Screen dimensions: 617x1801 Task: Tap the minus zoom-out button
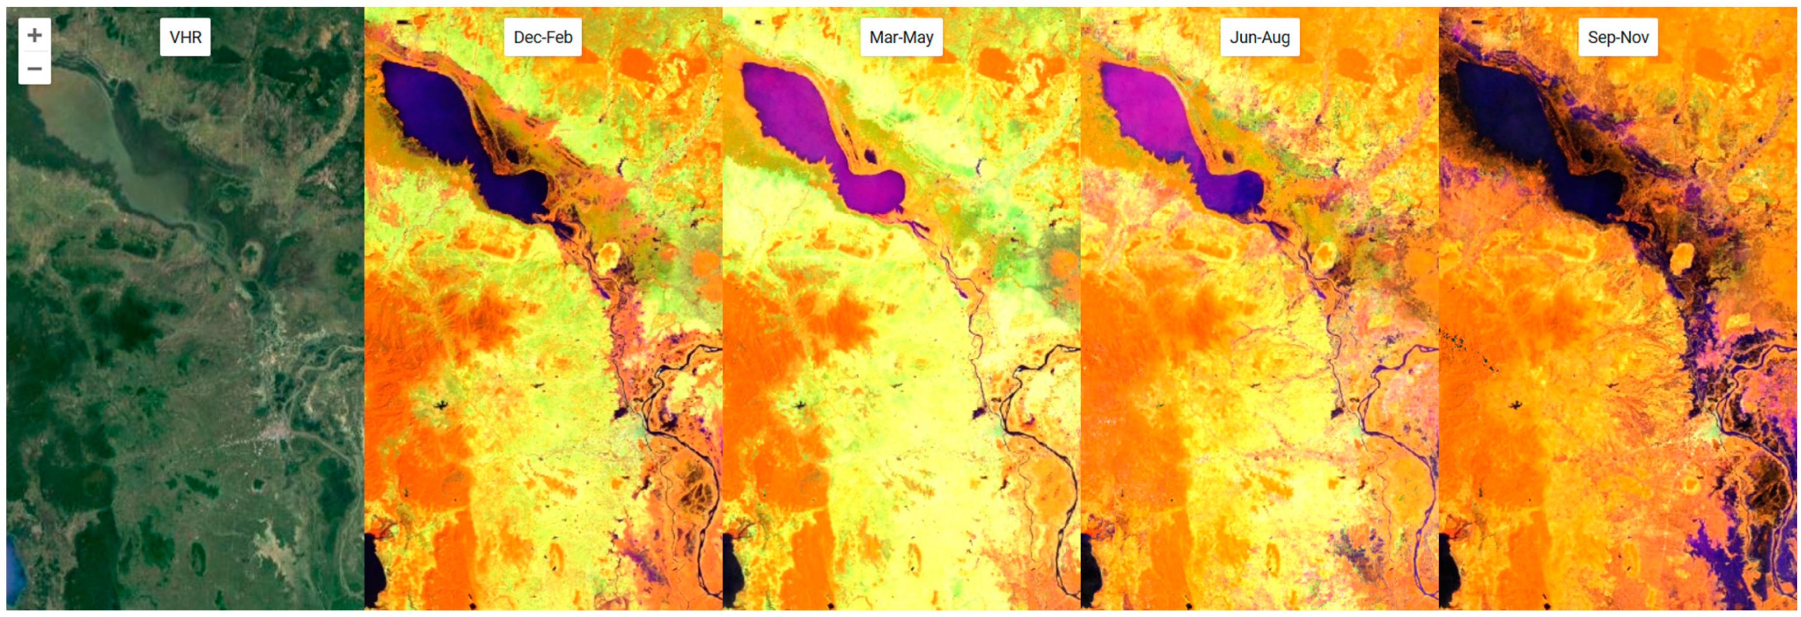34,69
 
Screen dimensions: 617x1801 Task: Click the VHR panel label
185,37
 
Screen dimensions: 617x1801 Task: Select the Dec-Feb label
542,37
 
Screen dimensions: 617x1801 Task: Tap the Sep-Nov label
1618,37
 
